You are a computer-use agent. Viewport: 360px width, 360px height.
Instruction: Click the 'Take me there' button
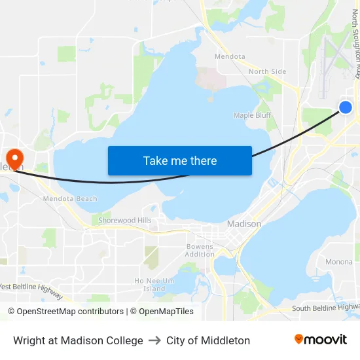click(180, 160)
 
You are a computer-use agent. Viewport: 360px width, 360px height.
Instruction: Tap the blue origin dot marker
click(346, 107)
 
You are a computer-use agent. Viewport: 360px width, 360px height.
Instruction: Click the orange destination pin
click(14, 156)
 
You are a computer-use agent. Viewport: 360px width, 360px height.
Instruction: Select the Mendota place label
click(230, 56)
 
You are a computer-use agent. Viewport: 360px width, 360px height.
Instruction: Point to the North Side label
click(267, 71)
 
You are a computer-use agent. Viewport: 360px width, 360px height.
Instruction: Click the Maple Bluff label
click(252, 115)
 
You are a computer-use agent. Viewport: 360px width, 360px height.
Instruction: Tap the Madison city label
click(243, 224)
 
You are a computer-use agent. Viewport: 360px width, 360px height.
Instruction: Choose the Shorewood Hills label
click(124, 221)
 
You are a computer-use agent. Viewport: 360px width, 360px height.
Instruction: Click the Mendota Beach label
click(69, 199)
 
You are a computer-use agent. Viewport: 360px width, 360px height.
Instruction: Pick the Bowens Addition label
click(200, 250)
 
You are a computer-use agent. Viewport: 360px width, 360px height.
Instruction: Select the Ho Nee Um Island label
click(154, 285)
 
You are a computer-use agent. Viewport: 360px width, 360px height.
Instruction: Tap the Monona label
click(338, 262)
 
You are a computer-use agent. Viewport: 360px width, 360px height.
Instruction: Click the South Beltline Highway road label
click(325, 308)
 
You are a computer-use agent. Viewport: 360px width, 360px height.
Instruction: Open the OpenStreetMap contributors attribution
click(65, 312)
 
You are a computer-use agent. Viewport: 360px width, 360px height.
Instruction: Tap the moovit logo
click(320, 340)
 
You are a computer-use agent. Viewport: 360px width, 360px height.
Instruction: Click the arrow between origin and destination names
click(154, 340)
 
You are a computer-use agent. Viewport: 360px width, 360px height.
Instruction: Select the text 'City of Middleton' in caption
click(208, 340)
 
